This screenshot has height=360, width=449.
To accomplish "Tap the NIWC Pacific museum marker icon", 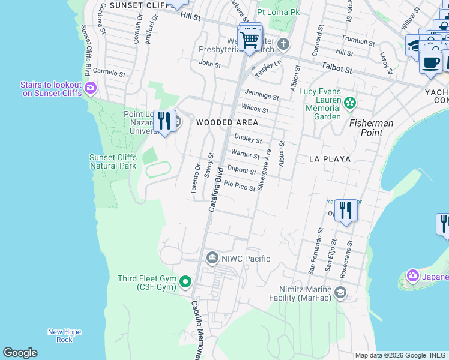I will [x=212, y=259].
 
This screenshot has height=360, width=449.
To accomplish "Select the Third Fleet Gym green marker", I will [x=185, y=281].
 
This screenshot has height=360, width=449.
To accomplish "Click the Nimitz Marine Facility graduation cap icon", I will [x=340, y=292].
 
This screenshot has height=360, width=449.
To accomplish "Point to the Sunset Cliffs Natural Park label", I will [x=113, y=161].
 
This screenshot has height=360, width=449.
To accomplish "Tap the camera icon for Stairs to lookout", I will [x=91, y=89].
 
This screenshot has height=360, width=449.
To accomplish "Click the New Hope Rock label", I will [x=64, y=335].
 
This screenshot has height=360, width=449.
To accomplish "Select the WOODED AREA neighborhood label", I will [x=227, y=122].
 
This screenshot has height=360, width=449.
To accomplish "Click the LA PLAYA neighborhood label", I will [x=329, y=159].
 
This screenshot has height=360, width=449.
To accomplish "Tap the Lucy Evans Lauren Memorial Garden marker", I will [x=350, y=104].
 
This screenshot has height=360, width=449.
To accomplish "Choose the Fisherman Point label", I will [x=372, y=127].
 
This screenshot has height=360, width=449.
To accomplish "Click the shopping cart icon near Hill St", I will [x=249, y=41].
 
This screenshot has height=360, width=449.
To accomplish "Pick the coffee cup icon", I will [x=430, y=62].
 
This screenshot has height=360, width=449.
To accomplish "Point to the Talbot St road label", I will [x=336, y=69].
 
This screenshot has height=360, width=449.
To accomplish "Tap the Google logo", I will [x=20, y=353].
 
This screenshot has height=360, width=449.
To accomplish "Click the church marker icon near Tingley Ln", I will [x=283, y=44].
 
